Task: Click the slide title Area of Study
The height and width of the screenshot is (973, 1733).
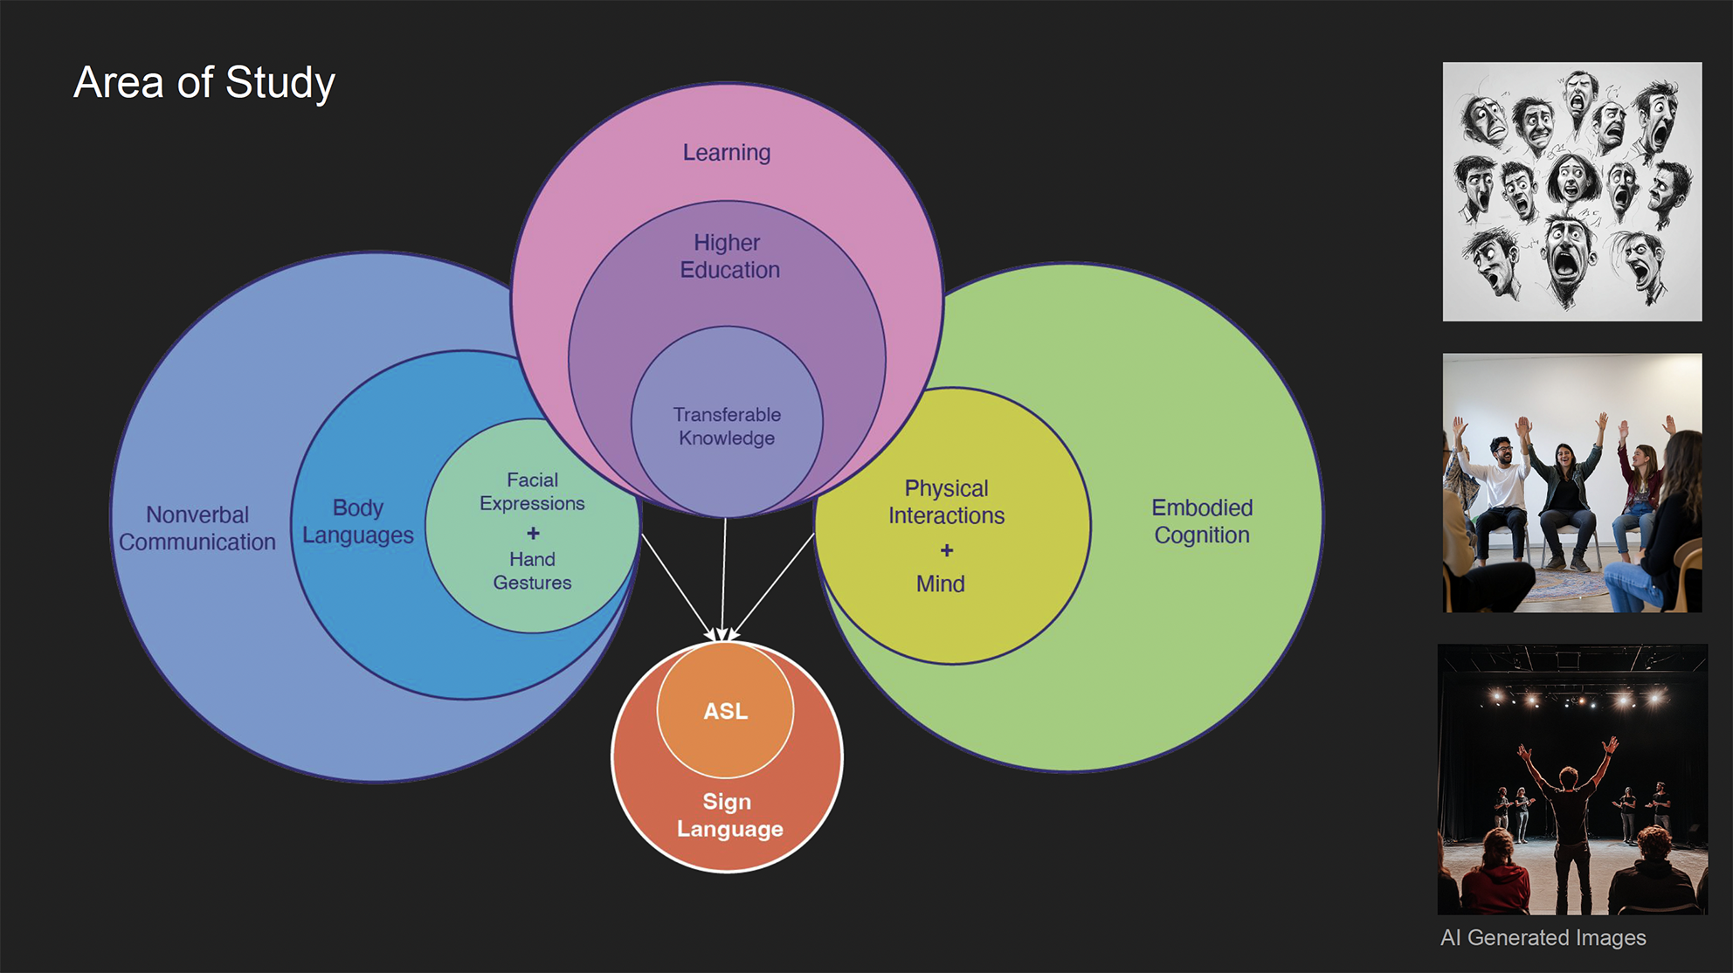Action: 204,83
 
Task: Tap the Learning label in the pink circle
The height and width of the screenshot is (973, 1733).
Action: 726,153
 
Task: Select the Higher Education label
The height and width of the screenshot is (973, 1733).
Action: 728,256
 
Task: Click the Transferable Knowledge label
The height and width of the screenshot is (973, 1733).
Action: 727,426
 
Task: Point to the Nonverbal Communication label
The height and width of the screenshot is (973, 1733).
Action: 197,528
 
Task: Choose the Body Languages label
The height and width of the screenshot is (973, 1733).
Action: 357,521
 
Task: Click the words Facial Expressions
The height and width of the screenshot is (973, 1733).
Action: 532,492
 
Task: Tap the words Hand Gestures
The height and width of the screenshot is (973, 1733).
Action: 532,570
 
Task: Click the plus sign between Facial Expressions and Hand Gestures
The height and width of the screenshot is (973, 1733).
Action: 533,533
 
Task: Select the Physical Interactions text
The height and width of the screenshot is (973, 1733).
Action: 946,501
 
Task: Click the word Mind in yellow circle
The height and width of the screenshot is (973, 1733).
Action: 940,583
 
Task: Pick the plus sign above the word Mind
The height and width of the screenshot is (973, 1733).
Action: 946,550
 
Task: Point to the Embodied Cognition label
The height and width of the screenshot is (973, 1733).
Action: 1201,521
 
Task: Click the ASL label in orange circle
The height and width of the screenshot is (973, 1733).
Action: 726,711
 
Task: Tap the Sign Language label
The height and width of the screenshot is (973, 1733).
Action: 728,815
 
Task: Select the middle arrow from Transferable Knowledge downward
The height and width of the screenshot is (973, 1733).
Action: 723,576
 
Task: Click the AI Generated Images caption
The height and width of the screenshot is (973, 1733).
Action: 1543,938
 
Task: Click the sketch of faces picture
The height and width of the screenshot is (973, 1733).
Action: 1571,191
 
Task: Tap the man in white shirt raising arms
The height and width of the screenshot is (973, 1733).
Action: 1502,489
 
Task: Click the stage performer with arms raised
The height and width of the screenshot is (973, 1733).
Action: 1568,812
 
